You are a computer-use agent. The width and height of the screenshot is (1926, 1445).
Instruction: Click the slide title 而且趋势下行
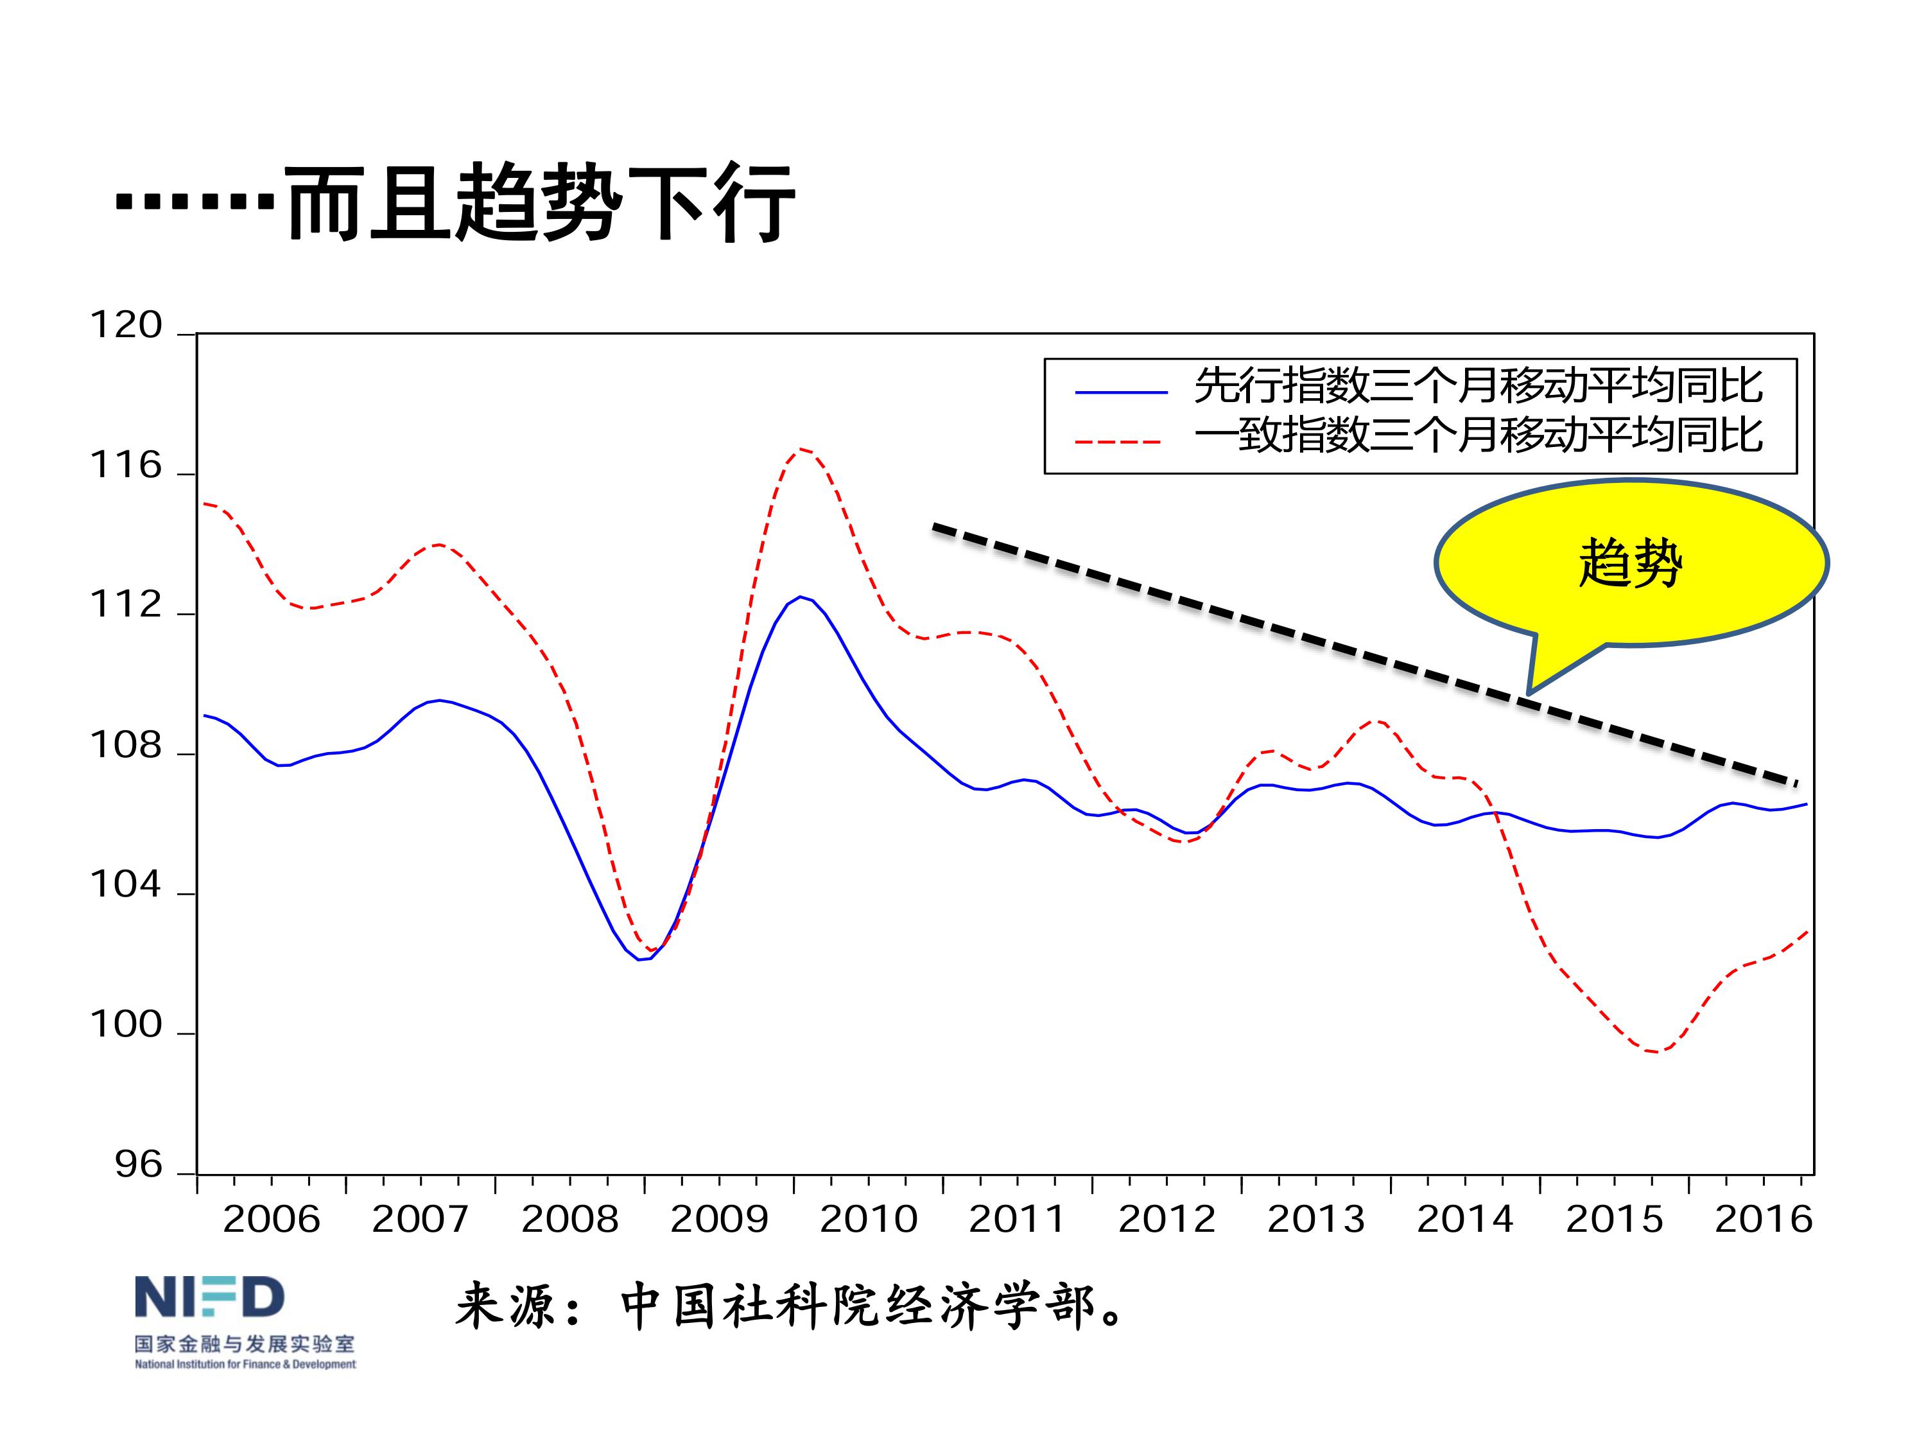click(540, 203)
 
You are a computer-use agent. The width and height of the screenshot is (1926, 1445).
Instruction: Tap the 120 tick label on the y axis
click(126, 326)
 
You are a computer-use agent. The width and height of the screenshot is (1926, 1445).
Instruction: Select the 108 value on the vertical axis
click(126, 746)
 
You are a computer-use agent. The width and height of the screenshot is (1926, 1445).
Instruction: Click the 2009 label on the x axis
click(719, 1218)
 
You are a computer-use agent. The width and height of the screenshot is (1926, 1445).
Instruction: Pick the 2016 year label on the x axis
click(1763, 1218)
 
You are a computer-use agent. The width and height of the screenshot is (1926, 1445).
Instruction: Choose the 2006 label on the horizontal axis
click(271, 1218)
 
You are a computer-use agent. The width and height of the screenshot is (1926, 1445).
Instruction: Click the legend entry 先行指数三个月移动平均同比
click(1478, 386)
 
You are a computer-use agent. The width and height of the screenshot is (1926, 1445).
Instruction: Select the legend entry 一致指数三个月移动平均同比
click(1478, 435)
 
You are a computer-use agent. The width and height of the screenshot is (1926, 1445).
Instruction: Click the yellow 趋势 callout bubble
click(1630, 563)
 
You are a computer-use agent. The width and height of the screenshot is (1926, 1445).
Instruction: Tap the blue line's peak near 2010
click(800, 597)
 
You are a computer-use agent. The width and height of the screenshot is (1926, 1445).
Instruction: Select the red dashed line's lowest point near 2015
click(1654, 1052)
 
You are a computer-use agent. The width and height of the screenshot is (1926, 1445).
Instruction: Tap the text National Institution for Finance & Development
click(245, 1364)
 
